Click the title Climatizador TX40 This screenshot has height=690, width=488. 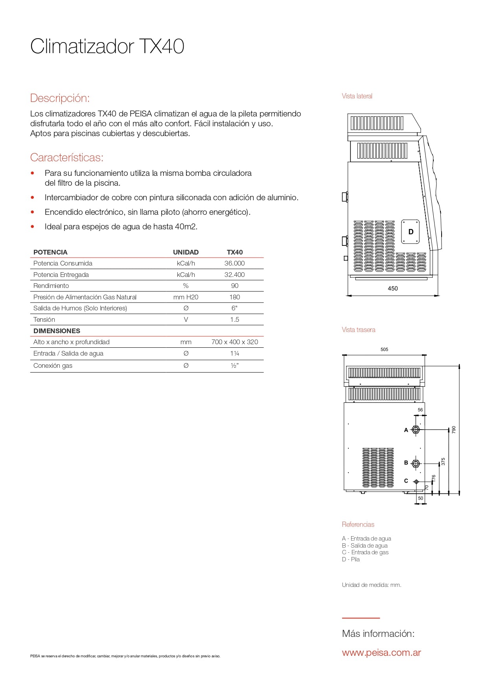(x=107, y=46)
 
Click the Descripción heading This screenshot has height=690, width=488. (x=60, y=98)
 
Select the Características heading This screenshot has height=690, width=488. (x=66, y=157)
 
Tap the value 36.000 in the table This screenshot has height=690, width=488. (x=234, y=263)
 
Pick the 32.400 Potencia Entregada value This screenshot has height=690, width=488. (x=234, y=275)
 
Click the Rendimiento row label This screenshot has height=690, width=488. (x=51, y=286)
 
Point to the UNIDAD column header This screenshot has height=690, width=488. (x=186, y=252)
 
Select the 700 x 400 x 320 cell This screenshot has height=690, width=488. (x=235, y=342)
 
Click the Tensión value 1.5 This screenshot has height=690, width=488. (x=234, y=319)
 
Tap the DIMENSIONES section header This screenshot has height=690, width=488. (x=57, y=331)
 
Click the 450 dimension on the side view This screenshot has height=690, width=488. (x=392, y=288)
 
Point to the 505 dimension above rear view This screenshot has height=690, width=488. (x=384, y=349)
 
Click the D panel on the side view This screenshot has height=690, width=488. (x=411, y=232)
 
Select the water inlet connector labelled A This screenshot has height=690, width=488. (x=416, y=430)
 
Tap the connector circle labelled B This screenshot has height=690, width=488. (x=416, y=463)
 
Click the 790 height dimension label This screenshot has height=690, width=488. (x=454, y=430)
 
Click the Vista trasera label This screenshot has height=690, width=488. (x=358, y=330)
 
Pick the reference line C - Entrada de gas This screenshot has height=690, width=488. (x=365, y=552)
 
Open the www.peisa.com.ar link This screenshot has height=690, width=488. (x=381, y=653)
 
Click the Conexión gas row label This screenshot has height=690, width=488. (x=53, y=365)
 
